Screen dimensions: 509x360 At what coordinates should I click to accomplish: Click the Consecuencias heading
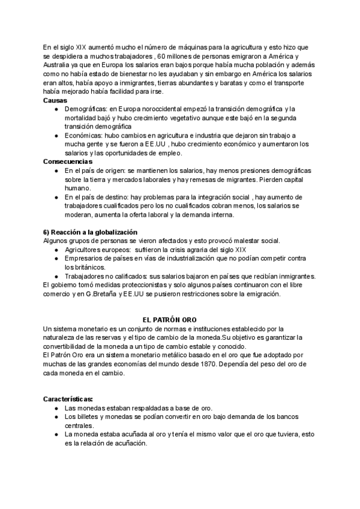click(68, 162)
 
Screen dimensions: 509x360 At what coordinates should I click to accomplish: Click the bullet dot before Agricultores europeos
click(56, 249)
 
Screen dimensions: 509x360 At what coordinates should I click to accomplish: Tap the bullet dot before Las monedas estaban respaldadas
click(56, 408)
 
